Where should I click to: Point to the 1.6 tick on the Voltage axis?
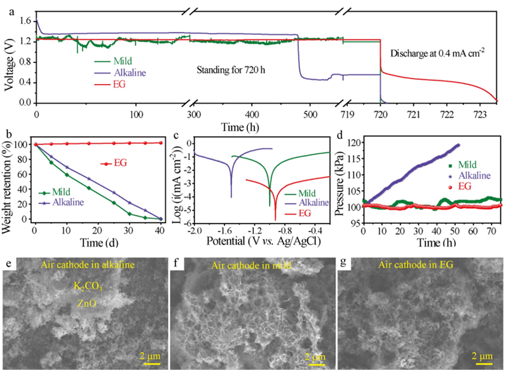(24, 21)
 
